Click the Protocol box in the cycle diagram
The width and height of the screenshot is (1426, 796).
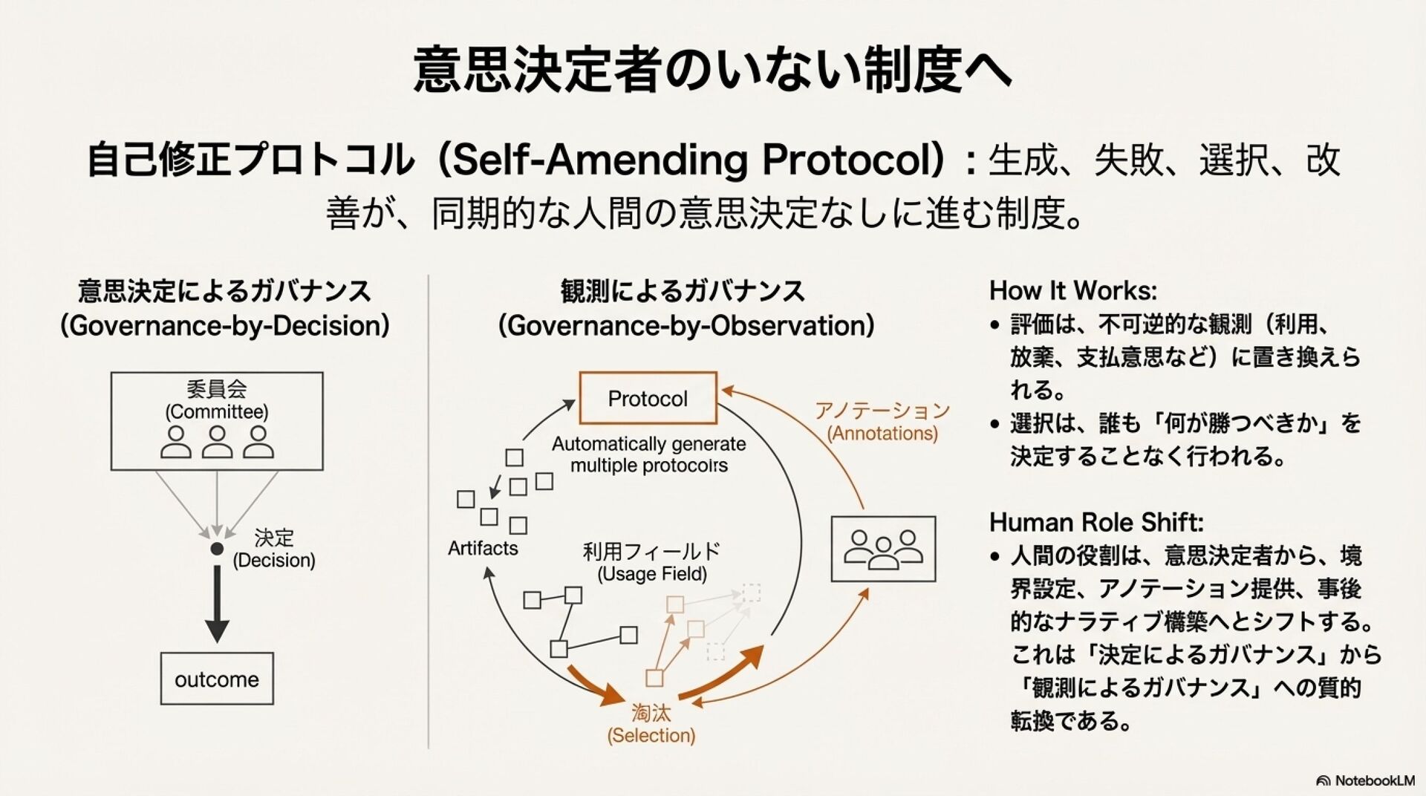pos(648,399)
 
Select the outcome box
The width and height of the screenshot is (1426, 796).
pos(217,679)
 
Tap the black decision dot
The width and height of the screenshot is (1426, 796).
pos(217,549)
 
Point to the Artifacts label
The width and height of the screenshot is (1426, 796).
pos(483,549)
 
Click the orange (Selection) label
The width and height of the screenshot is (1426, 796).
pos(651,735)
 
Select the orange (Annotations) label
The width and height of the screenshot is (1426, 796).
pos(882,433)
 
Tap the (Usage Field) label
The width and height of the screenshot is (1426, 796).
pos(652,574)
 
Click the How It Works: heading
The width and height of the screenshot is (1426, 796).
pos(1072,290)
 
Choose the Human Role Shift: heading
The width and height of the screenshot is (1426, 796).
pos(1095,523)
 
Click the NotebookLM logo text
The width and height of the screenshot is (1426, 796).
pos(1374,780)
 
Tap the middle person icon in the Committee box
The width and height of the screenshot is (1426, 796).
pos(217,442)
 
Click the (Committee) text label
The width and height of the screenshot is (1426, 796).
pos(217,411)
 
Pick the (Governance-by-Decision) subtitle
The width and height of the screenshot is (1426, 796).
pos(225,326)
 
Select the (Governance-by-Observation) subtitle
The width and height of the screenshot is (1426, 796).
pos(686,326)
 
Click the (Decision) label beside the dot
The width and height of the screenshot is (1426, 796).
pos(274,560)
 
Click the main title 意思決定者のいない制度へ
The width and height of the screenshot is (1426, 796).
pos(712,69)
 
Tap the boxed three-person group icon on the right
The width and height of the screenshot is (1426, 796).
pos(883,549)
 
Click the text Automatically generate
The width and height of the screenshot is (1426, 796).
pos(648,444)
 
